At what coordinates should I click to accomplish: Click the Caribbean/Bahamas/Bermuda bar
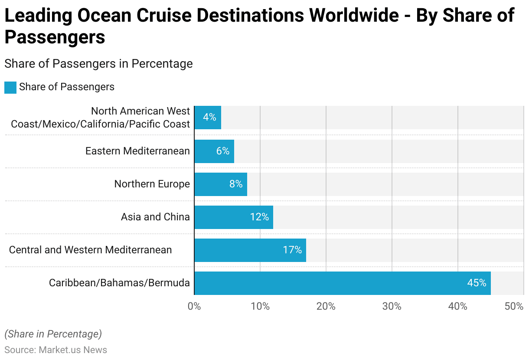[343, 283]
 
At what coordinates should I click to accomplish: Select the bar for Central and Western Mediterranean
[250, 250]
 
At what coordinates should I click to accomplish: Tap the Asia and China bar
[234, 217]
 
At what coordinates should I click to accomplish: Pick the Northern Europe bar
[221, 184]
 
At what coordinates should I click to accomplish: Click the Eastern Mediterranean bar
[214, 151]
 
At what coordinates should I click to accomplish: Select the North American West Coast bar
[208, 118]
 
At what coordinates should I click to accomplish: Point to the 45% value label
[477, 283]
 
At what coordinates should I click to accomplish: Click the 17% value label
[292, 250]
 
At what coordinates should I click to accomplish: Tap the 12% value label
[259, 217]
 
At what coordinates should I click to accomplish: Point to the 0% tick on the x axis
[194, 306]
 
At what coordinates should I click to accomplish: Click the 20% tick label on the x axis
[326, 306]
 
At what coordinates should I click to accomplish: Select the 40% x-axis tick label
[458, 306]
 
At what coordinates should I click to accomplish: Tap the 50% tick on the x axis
[514, 306]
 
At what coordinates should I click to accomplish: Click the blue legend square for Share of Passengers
[10, 87]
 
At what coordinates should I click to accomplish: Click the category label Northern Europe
[152, 184]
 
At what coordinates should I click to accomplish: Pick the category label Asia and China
[155, 217]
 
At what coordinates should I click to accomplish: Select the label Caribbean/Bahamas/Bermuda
[119, 283]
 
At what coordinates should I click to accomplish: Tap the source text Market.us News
[73, 350]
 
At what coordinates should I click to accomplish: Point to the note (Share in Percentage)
[53, 334]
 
